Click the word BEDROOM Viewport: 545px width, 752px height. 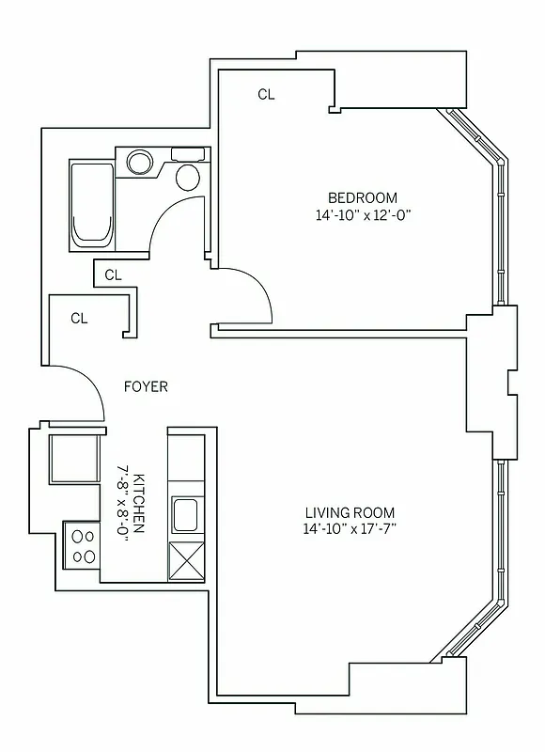pos(362,197)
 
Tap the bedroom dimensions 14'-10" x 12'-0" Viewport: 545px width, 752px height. pos(363,215)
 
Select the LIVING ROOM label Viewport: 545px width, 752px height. pos(350,513)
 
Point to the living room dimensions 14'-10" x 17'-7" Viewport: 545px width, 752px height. pos(350,530)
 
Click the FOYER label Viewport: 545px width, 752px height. pos(146,386)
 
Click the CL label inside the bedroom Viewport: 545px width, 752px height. pos(267,94)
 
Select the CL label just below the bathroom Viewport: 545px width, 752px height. pos(114,275)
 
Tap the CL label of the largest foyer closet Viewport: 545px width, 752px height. pos(80,318)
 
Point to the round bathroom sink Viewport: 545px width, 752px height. pos(140,163)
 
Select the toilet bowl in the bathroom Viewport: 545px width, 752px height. pos(188,176)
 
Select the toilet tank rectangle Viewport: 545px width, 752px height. pos(188,154)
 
